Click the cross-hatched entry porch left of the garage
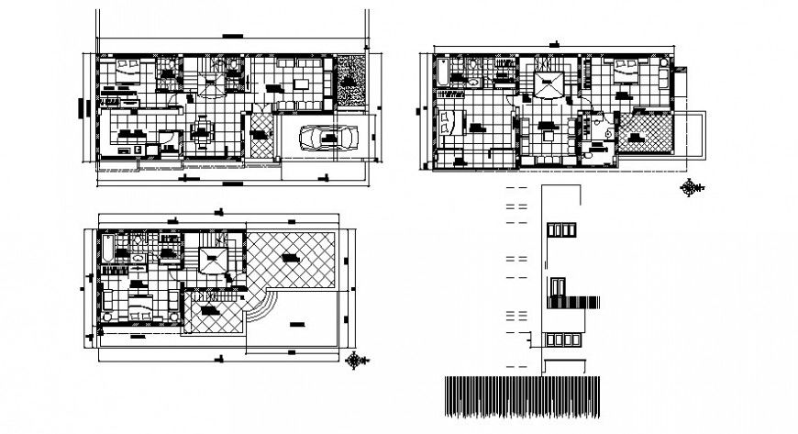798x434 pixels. click(x=260, y=138)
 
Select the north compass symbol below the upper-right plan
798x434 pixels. click(x=688, y=188)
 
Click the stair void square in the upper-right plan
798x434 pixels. click(x=550, y=83)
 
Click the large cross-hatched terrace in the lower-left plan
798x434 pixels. click(x=292, y=261)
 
